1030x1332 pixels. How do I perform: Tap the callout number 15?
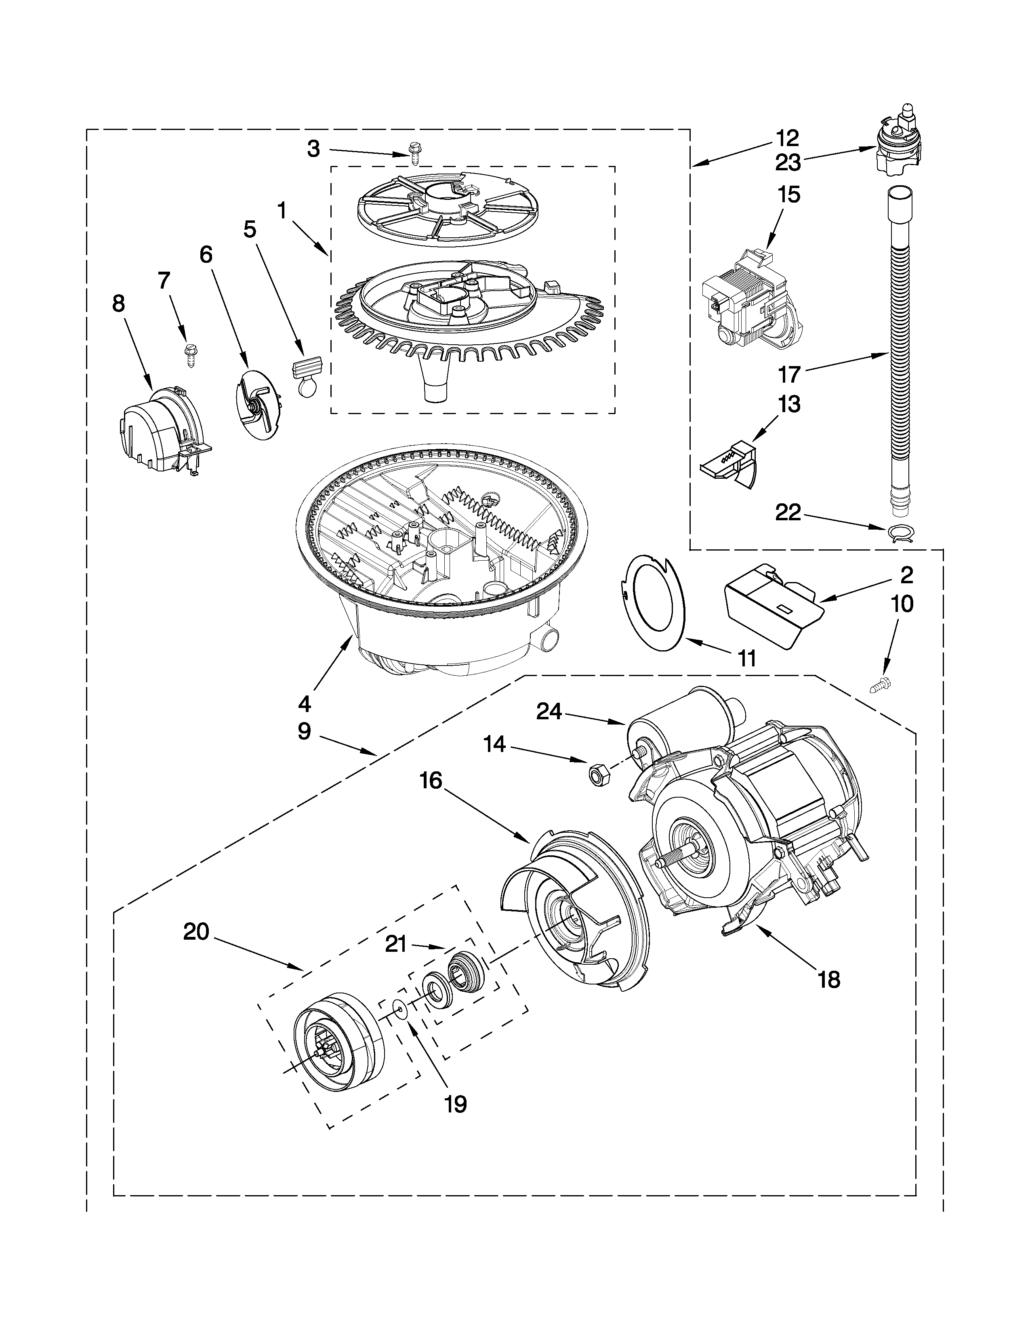click(x=789, y=195)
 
